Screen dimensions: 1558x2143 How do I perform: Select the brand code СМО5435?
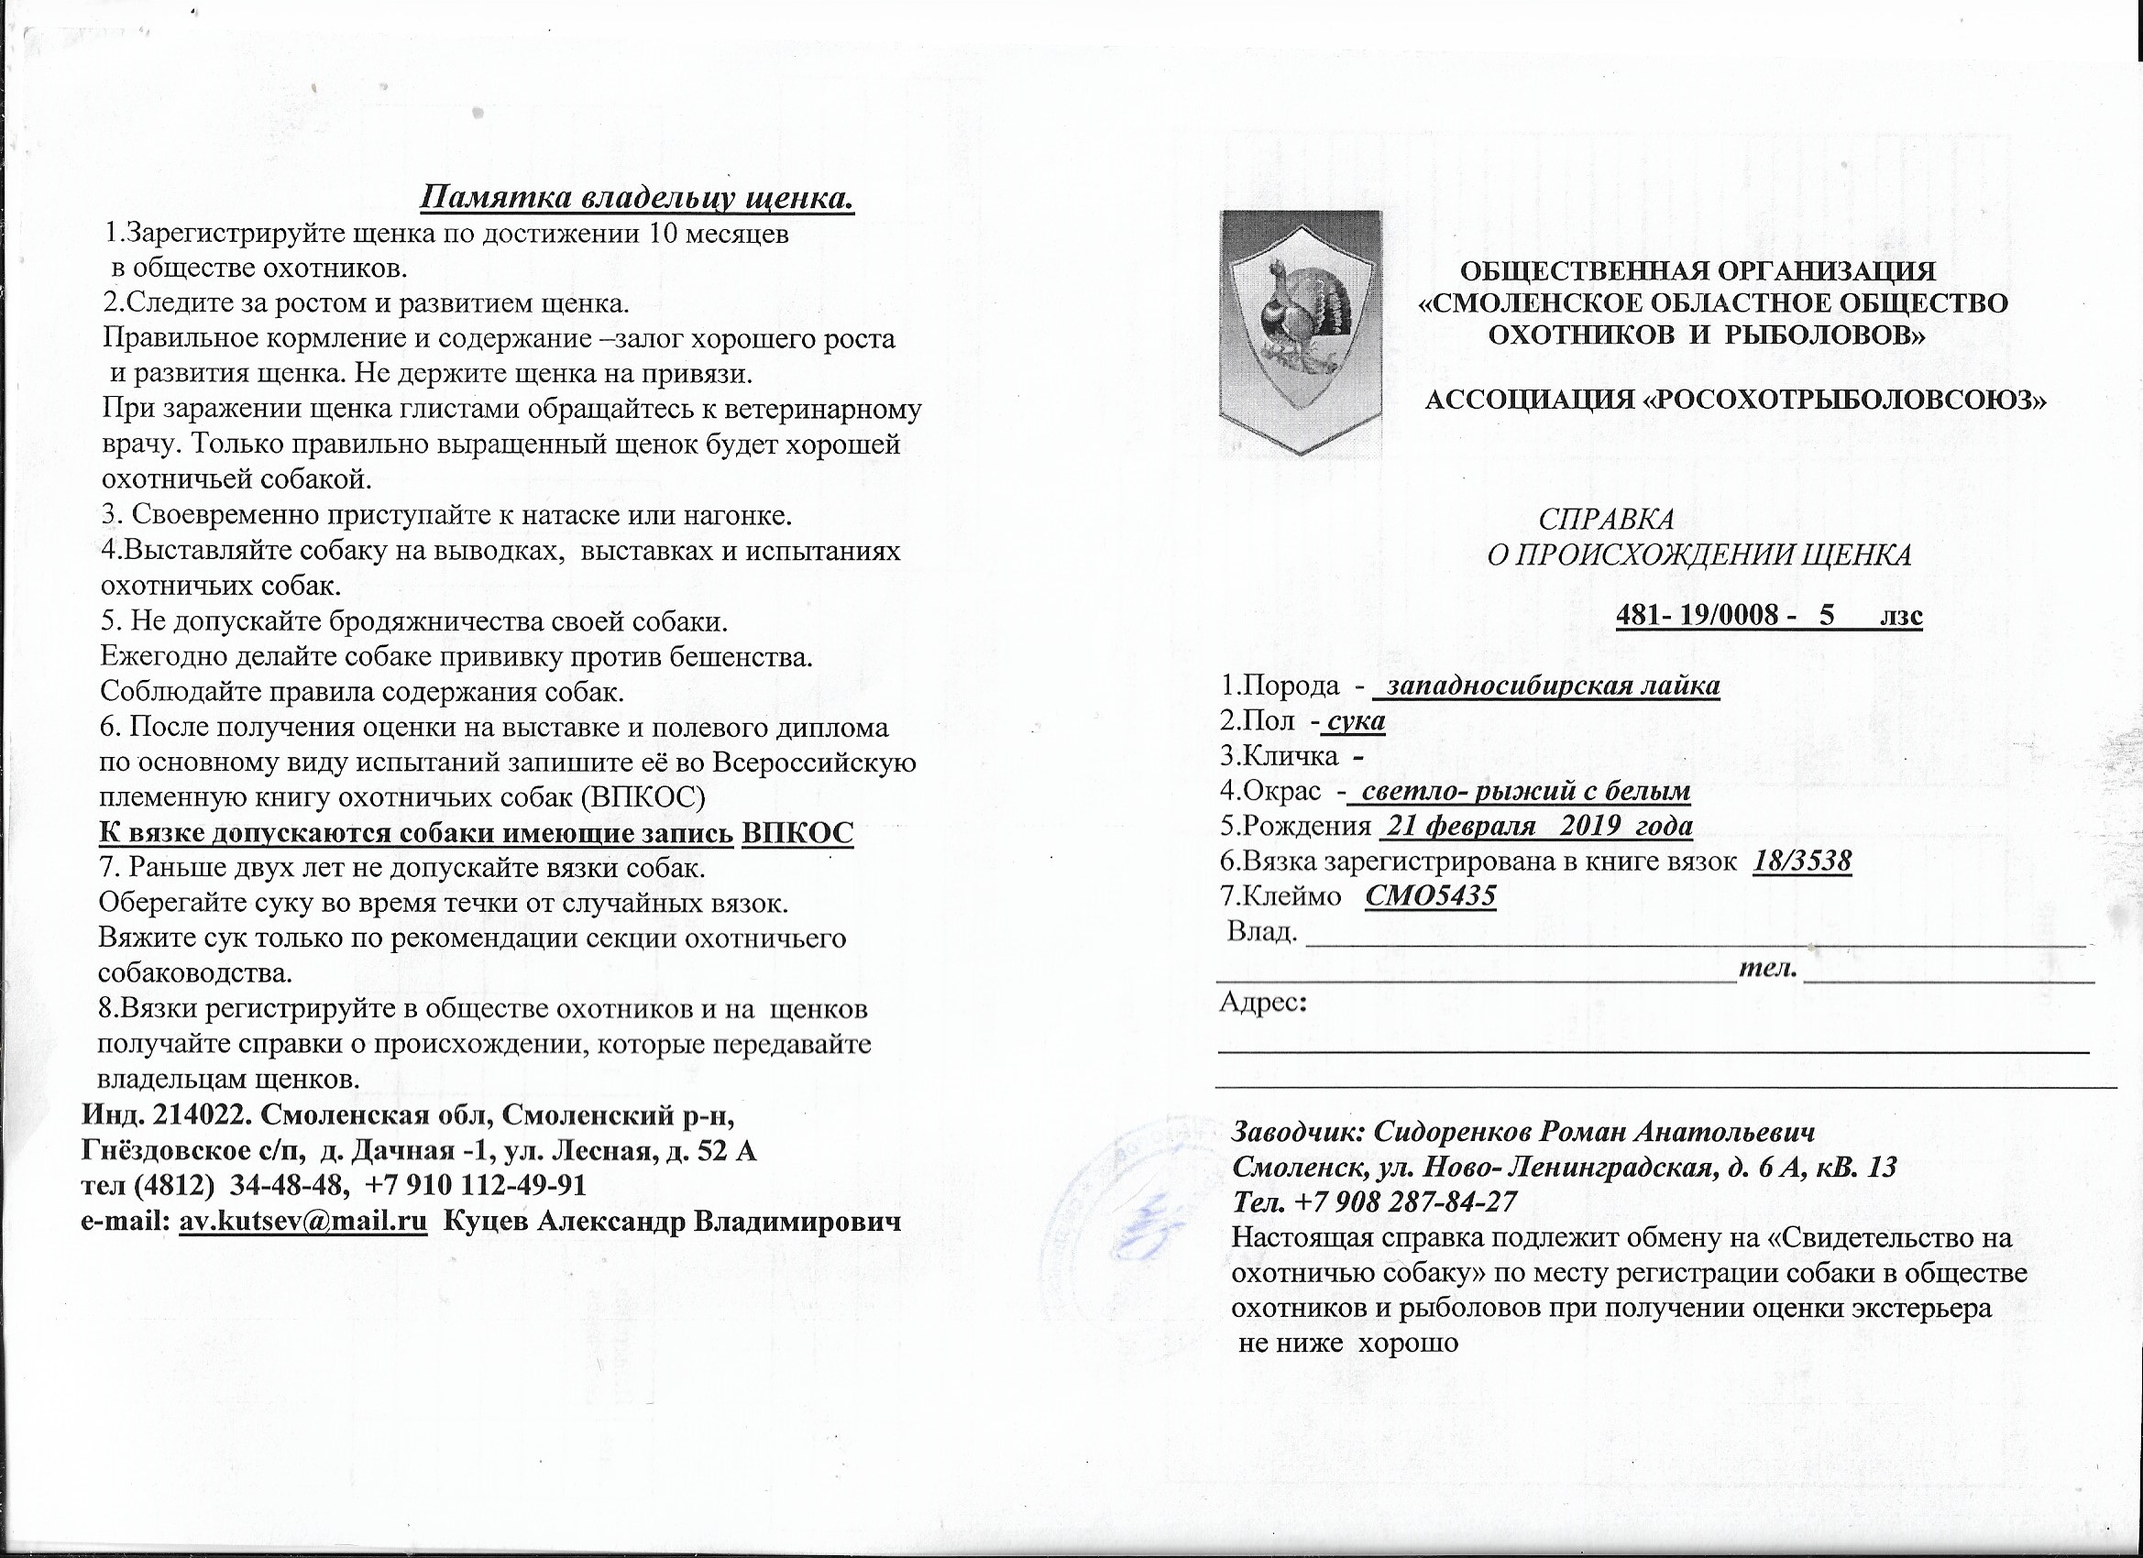click(1431, 895)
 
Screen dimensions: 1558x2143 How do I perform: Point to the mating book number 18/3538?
click(1801, 861)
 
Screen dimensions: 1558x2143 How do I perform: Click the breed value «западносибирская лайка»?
click(1553, 686)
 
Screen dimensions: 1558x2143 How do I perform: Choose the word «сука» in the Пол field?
click(1356, 722)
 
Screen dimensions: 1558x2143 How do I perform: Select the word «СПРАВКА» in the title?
click(1606, 520)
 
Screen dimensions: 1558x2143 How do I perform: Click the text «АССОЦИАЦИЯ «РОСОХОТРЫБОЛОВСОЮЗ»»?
click(1734, 400)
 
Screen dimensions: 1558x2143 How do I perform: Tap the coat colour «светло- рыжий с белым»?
click(1525, 791)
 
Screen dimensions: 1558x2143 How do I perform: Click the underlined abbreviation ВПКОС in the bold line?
click(797, 833)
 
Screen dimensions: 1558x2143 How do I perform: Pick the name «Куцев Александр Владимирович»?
click(672, 1221)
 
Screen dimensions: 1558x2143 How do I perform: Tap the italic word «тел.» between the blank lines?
click(1768, 970)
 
